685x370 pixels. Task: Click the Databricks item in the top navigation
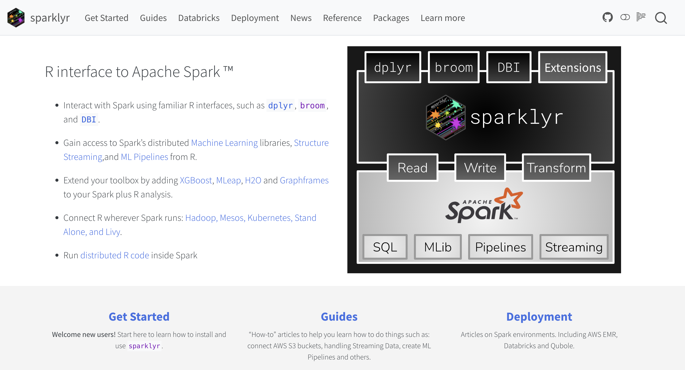(199, 18)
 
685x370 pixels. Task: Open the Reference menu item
(342, 18)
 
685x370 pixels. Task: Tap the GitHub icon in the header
(608, 17)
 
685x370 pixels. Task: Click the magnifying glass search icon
(661, 18)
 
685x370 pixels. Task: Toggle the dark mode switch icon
(625, 17)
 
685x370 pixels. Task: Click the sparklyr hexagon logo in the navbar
(16, 18)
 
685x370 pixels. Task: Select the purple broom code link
(312, 105)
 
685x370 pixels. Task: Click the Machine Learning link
(224, 143)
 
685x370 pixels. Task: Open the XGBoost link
(196, 180)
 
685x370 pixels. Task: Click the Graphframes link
(304, 180)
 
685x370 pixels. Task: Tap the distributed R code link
(115, 255)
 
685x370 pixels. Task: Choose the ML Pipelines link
(144, 157)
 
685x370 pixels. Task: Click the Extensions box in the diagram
(573, 67)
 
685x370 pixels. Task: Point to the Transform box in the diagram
(556, 168)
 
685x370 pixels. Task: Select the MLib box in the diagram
(438, 247)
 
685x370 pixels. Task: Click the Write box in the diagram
(480, 168)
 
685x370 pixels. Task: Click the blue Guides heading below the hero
(339, 317)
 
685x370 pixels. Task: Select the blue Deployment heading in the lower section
(539, 317)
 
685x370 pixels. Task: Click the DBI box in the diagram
(509, 67)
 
